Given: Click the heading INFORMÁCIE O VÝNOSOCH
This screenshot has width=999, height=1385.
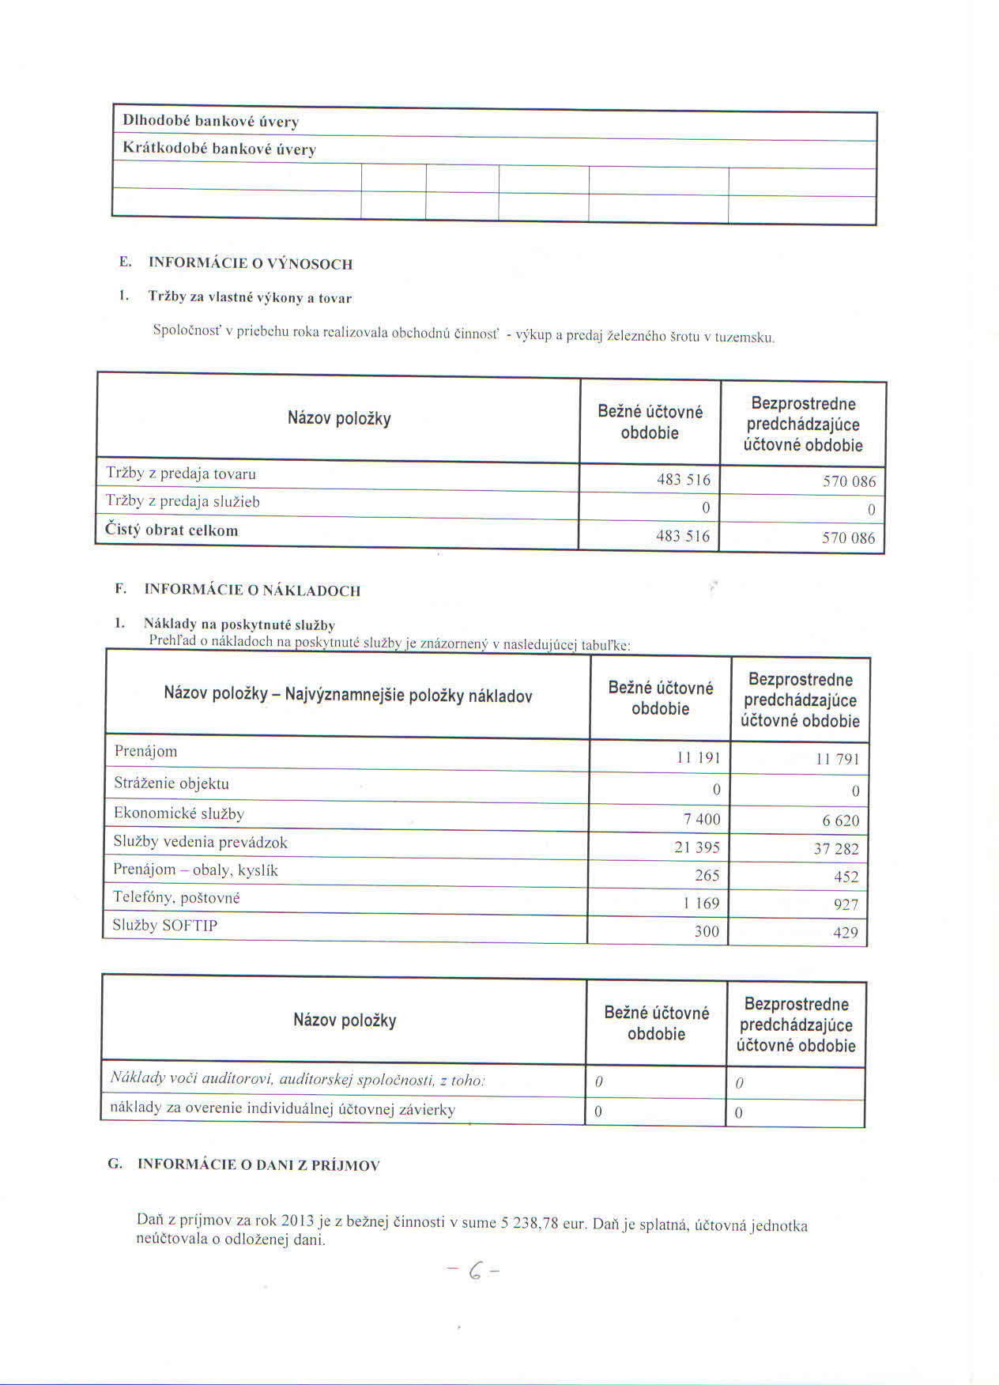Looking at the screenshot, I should [250, 264].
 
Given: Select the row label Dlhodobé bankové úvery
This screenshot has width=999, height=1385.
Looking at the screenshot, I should [210, 122].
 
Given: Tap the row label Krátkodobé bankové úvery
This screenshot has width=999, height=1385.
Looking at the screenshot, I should [219, 149].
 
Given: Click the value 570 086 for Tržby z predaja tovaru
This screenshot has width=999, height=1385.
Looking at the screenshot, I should [849, 481].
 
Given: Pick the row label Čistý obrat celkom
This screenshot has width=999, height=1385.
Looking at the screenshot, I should [172, 530].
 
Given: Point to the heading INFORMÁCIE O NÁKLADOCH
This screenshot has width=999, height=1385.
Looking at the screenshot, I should [252, 591].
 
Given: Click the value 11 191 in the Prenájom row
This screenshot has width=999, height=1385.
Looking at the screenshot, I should [698, 757].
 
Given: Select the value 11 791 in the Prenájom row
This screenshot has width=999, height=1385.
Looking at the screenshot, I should [837, 760].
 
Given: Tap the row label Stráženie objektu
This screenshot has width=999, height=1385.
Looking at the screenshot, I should [172, 783].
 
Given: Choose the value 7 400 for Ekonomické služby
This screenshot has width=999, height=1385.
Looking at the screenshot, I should [702, 819].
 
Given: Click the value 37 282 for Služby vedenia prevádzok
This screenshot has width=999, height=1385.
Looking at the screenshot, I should [836, 849].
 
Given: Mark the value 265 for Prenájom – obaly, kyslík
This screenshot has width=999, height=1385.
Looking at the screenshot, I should [707, 875].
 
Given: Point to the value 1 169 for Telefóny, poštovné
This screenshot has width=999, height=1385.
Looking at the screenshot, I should [702, 904].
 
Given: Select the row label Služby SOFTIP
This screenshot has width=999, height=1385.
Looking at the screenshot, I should [164, 926].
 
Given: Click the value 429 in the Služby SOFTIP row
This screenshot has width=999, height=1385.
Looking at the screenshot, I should [845, 933].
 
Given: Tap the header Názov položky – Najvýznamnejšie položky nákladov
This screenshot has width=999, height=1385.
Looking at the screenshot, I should [348, 696].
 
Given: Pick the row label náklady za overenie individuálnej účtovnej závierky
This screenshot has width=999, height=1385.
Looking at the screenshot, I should [282, 1109].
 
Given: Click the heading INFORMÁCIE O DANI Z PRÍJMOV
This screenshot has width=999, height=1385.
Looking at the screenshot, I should [258, 1165].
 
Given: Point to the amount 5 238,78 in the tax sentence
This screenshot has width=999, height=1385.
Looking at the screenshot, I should [530, 1223].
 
